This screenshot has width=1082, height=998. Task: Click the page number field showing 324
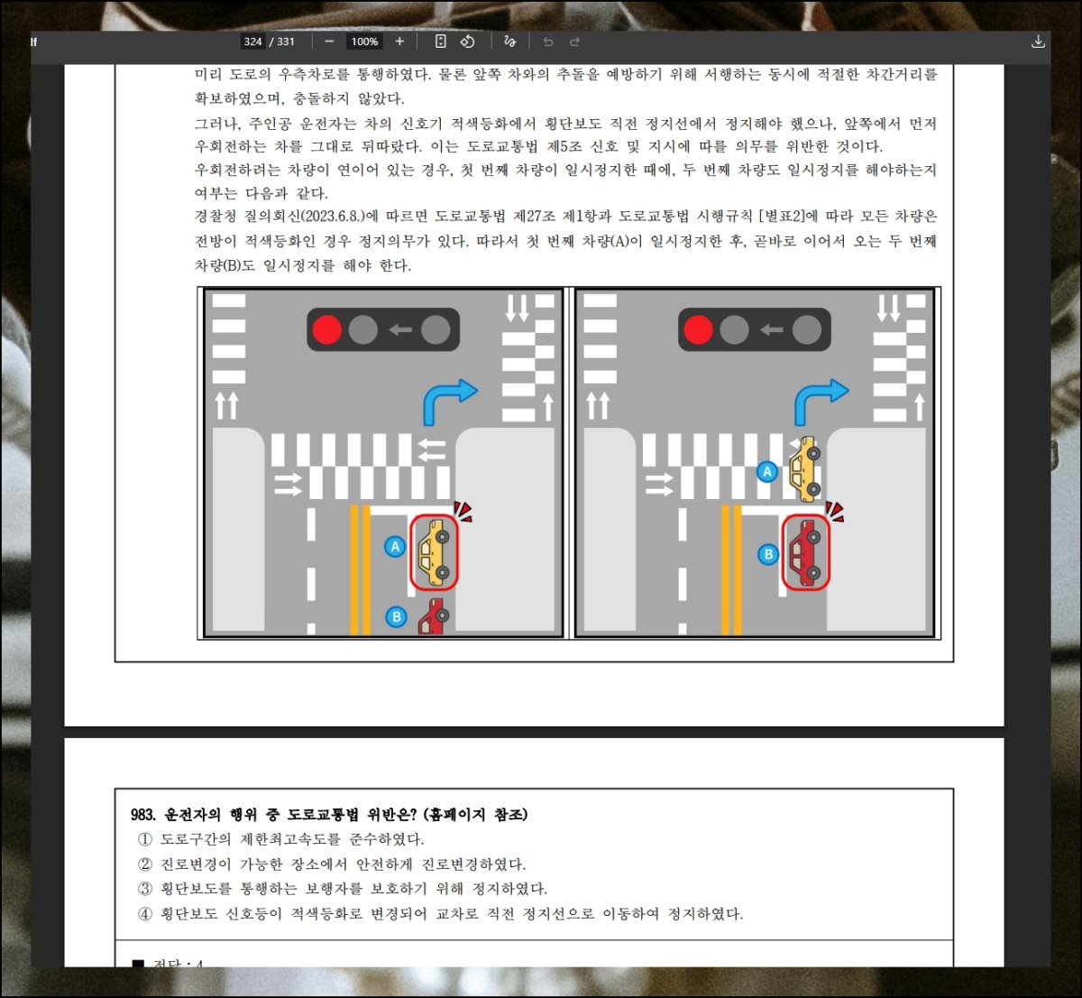[252, 42]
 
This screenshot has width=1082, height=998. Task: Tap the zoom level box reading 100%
[364, 42]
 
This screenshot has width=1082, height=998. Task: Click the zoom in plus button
[399, 42]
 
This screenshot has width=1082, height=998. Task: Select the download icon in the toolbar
[1038, 42]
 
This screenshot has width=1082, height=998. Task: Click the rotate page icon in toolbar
[467, 42]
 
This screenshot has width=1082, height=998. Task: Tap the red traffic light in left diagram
[327, 329]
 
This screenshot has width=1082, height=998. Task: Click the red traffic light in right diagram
[698, 329]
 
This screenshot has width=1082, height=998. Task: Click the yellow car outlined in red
[435, 552]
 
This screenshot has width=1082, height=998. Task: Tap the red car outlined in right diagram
[805, 552]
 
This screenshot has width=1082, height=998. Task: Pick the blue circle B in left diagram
[397, 616]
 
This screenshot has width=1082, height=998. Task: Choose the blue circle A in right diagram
[767, 472]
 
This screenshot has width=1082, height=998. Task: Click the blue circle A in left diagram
[395, 547]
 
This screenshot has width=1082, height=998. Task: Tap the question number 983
[143, 815]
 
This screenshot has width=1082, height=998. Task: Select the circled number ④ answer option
[145, 914]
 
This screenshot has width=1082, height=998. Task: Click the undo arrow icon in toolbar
[548, 42]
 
